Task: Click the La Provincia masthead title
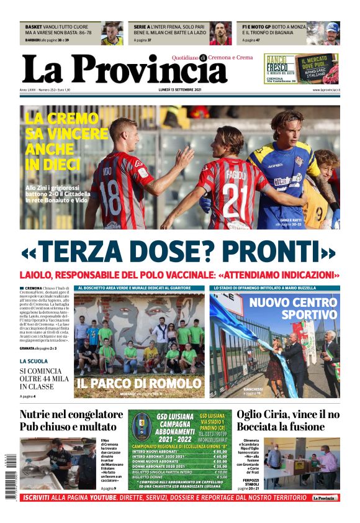click(x=124, y=69)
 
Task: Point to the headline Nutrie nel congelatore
click(x=71, y=415)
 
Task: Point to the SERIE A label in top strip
click(x=142, y=27)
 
